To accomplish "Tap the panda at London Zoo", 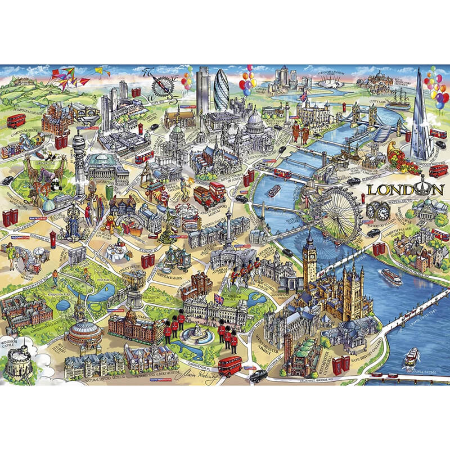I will pos(56,181).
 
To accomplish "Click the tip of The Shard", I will pos(419,71).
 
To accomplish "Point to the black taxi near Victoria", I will pos(258,375).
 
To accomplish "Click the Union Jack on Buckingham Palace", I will pos(218,297).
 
